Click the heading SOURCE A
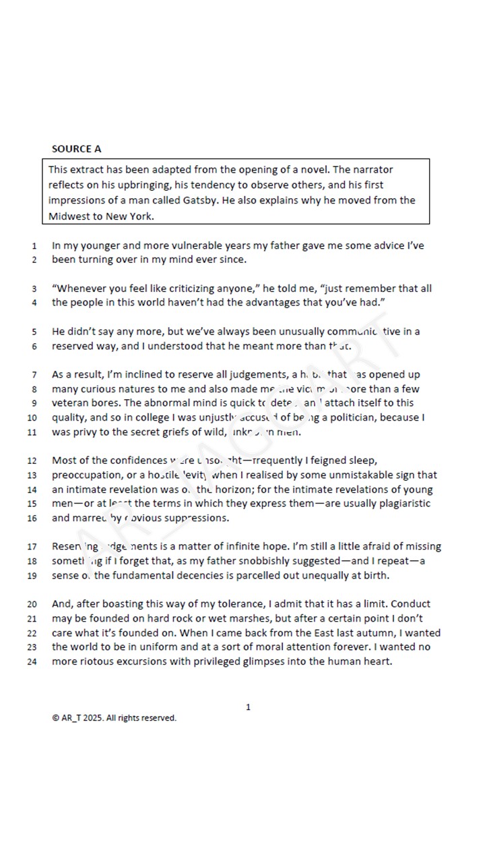tap(76, 149)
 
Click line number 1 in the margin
tap(34, 246)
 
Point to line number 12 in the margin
tap(32, 461)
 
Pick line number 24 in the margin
tap(32, 661)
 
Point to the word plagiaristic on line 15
tap(401, 504)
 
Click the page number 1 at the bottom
tap(248, 707)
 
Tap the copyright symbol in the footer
tap(55, 718)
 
